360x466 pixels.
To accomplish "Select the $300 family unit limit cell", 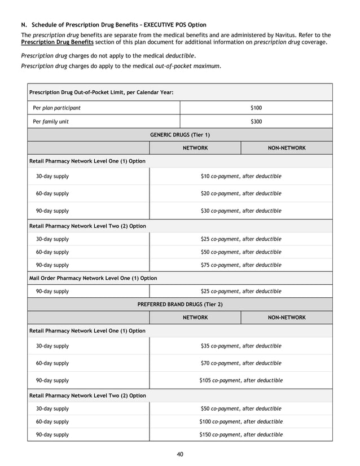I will [x=256, y=121].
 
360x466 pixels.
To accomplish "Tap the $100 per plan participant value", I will [x=256, y=108].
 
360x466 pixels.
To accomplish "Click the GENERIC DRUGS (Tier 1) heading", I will [x=179, y=135].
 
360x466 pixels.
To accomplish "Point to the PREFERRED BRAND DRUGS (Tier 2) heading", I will [x=179, y=304].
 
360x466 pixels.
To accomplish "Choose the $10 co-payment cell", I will [x=241, y=177].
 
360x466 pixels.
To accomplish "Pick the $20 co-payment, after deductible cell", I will [x=241, y=194].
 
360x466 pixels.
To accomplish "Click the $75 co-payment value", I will [x=241, y=265].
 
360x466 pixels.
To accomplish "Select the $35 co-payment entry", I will [x=241, y=346].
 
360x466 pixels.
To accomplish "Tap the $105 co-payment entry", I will [x=241, y=380].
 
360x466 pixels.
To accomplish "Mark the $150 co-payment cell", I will [x=241, y=435].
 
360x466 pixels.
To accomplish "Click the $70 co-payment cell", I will [x=241, y=363].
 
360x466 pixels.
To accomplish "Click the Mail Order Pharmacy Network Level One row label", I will [x=93, y=278].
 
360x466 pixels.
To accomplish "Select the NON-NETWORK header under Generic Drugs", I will [x=286, y=148].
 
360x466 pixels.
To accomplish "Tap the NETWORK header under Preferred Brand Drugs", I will [x=195, y=318].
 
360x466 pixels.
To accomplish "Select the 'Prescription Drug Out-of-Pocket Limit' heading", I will [x=101, y=92].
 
